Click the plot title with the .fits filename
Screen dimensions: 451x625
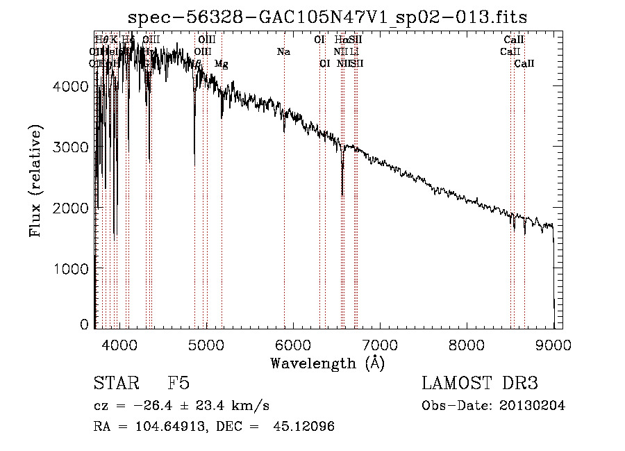coord(333,17)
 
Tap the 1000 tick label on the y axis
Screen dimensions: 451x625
coord(72,268)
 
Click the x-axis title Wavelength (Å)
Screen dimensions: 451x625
coord(327,362)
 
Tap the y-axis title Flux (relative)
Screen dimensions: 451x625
coord(35,181)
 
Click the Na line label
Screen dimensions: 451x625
coord(283,51)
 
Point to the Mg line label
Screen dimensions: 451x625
coord(221,64)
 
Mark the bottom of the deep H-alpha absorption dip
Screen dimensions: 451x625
coord(342,195)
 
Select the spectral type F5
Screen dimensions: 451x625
coord(178,384)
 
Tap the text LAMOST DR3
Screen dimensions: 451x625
coord(479,384)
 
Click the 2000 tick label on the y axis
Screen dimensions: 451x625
coord(72,208)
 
